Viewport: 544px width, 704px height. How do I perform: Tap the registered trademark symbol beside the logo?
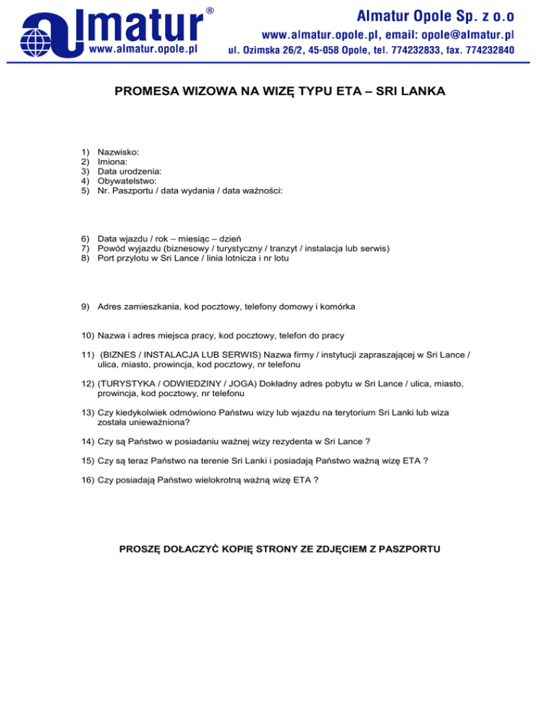coord(210,11)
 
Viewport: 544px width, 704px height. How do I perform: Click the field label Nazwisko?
coord(118,152)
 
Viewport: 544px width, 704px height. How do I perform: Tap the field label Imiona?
coord(113,161)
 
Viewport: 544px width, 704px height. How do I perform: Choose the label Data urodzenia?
coord(130,171)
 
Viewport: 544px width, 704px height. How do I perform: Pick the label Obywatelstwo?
coord(127,181)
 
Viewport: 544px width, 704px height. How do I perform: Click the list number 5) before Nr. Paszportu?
coord(86,191)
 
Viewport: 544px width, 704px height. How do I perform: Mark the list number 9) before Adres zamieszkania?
coord(86,307)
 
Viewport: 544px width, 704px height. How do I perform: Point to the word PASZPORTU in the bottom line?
coord(403,548)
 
